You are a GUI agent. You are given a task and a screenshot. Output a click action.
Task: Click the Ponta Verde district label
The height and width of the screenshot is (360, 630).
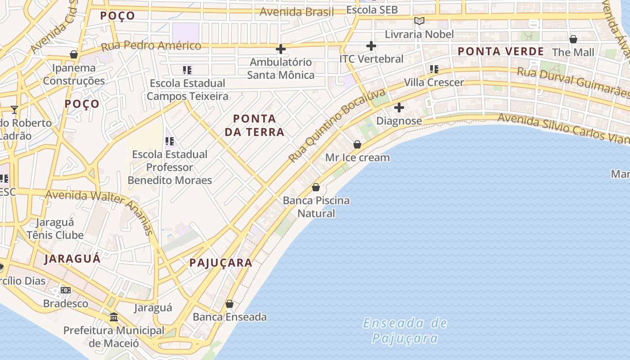pyautogui.click(x=501, y=51)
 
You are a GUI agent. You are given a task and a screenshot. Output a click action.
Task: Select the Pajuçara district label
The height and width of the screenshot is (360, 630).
pyautogui.click(x=221, y=263)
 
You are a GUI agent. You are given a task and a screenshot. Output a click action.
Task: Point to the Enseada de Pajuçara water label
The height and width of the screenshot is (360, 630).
pyautogui.click(x=405, y=330)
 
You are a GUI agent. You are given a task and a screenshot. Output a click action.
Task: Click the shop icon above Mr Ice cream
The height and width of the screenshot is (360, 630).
pyautogui.click(x=357, y=144)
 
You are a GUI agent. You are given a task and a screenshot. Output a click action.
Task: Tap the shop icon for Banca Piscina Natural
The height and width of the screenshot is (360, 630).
pyautogui.click(x=316, y=187)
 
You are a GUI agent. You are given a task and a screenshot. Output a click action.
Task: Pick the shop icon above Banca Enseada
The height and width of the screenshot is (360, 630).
pyautogui.click(x=229, y=304)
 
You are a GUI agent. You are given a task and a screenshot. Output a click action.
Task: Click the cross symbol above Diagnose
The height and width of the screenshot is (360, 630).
pyautogui.click(x=399, y=108)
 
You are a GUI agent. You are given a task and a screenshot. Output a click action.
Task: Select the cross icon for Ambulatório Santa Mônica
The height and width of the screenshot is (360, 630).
pyautogui.click(x=281, y=49)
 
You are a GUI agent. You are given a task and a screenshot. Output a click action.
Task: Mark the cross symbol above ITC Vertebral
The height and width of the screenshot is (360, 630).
pyautogui.click(x=371, y=45)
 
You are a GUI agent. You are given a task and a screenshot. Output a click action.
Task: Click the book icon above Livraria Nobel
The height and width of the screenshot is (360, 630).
pyautogui.click(x=419, y=21)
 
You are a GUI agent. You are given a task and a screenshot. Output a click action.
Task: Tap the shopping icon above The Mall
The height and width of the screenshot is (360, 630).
pyautogui.click(x=573, y=39)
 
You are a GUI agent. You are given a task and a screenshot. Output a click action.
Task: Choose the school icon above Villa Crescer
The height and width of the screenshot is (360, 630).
pyautogui.click(x=434, y=69)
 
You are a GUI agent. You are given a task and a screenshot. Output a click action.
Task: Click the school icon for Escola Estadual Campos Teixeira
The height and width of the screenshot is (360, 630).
pyautogui.click(x=187, y=70)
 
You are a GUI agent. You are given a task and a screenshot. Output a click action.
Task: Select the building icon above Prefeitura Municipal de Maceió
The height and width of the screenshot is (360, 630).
pyautogui.click(x=114, y=317)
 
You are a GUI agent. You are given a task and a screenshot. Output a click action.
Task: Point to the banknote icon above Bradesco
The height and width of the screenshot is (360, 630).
pyautogui.click(x=66, y=290)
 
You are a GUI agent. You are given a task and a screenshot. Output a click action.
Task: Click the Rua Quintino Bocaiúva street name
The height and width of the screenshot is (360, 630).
pyautogui.click(x=337, y=126)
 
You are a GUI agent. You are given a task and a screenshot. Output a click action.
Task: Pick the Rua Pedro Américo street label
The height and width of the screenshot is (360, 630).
pyautogui.click(x=151, y=46)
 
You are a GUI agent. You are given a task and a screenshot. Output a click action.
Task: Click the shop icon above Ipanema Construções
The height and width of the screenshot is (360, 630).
pyautogui.click(x=74, y=54)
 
